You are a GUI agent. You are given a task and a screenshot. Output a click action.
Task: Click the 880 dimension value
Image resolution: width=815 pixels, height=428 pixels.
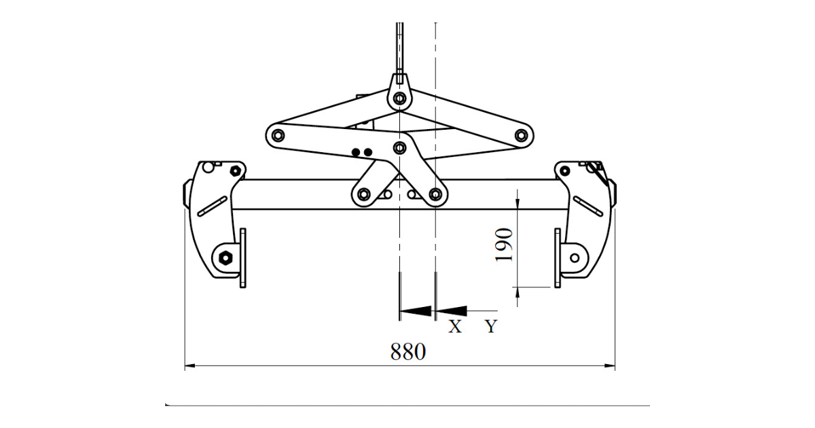pos(408,352)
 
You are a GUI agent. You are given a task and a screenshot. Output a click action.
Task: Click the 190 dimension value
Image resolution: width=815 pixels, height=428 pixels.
pos(504,245)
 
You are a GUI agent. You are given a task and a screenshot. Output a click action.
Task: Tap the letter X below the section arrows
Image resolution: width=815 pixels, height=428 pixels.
pos(455,327)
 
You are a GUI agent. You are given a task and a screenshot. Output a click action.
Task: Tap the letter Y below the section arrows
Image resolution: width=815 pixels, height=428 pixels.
pos(491,327)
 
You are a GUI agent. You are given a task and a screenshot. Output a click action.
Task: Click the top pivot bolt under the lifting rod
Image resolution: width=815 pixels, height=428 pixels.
pos(400,99)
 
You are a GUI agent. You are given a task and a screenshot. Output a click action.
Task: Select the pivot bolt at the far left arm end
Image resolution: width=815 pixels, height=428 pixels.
pos(278,135)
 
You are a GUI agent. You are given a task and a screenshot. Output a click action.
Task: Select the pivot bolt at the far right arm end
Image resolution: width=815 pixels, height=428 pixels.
pos(522,135)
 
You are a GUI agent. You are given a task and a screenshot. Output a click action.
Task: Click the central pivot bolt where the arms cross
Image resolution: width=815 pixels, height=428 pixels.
pos(400,148)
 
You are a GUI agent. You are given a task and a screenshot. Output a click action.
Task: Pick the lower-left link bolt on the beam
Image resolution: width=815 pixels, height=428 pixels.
pos(364,194)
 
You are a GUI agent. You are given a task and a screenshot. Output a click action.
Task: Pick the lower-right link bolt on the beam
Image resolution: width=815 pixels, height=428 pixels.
pos(435,194)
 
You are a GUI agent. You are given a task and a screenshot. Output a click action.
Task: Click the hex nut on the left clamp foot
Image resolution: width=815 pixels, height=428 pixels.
pos(225,257)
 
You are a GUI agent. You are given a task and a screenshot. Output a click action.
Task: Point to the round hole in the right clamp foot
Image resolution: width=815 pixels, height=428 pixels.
pos(575,258)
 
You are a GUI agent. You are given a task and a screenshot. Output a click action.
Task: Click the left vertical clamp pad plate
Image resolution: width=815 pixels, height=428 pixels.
pos(243,258)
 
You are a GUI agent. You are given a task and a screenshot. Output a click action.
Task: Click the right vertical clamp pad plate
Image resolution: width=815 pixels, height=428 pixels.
pos(558,258)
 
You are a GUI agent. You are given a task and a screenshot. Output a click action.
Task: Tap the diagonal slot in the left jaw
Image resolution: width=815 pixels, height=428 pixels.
pos(213,207)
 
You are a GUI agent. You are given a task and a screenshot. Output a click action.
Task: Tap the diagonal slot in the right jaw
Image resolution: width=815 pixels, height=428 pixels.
pos(588,207)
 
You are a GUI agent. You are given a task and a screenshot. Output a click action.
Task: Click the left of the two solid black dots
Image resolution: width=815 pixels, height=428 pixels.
pos(356,152)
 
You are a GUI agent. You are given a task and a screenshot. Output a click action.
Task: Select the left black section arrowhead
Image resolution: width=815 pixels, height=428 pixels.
pos(415,311)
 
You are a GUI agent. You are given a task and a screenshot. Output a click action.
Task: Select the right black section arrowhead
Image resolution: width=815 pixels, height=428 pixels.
pos(451,311)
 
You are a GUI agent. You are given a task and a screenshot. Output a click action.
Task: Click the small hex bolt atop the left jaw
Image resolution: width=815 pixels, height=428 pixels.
pos(236,171)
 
